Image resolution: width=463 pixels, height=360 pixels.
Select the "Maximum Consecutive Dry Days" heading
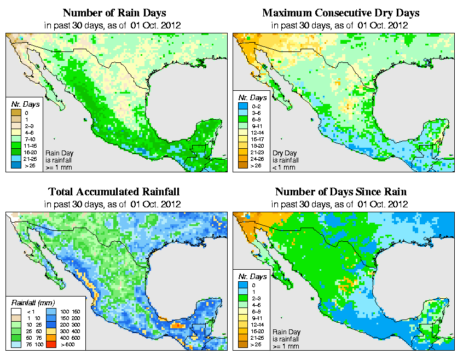tap(340, 13)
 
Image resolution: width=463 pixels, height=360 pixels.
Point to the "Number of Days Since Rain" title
tap(340, 191)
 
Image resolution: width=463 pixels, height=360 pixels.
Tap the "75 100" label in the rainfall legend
tap(32, 345)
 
